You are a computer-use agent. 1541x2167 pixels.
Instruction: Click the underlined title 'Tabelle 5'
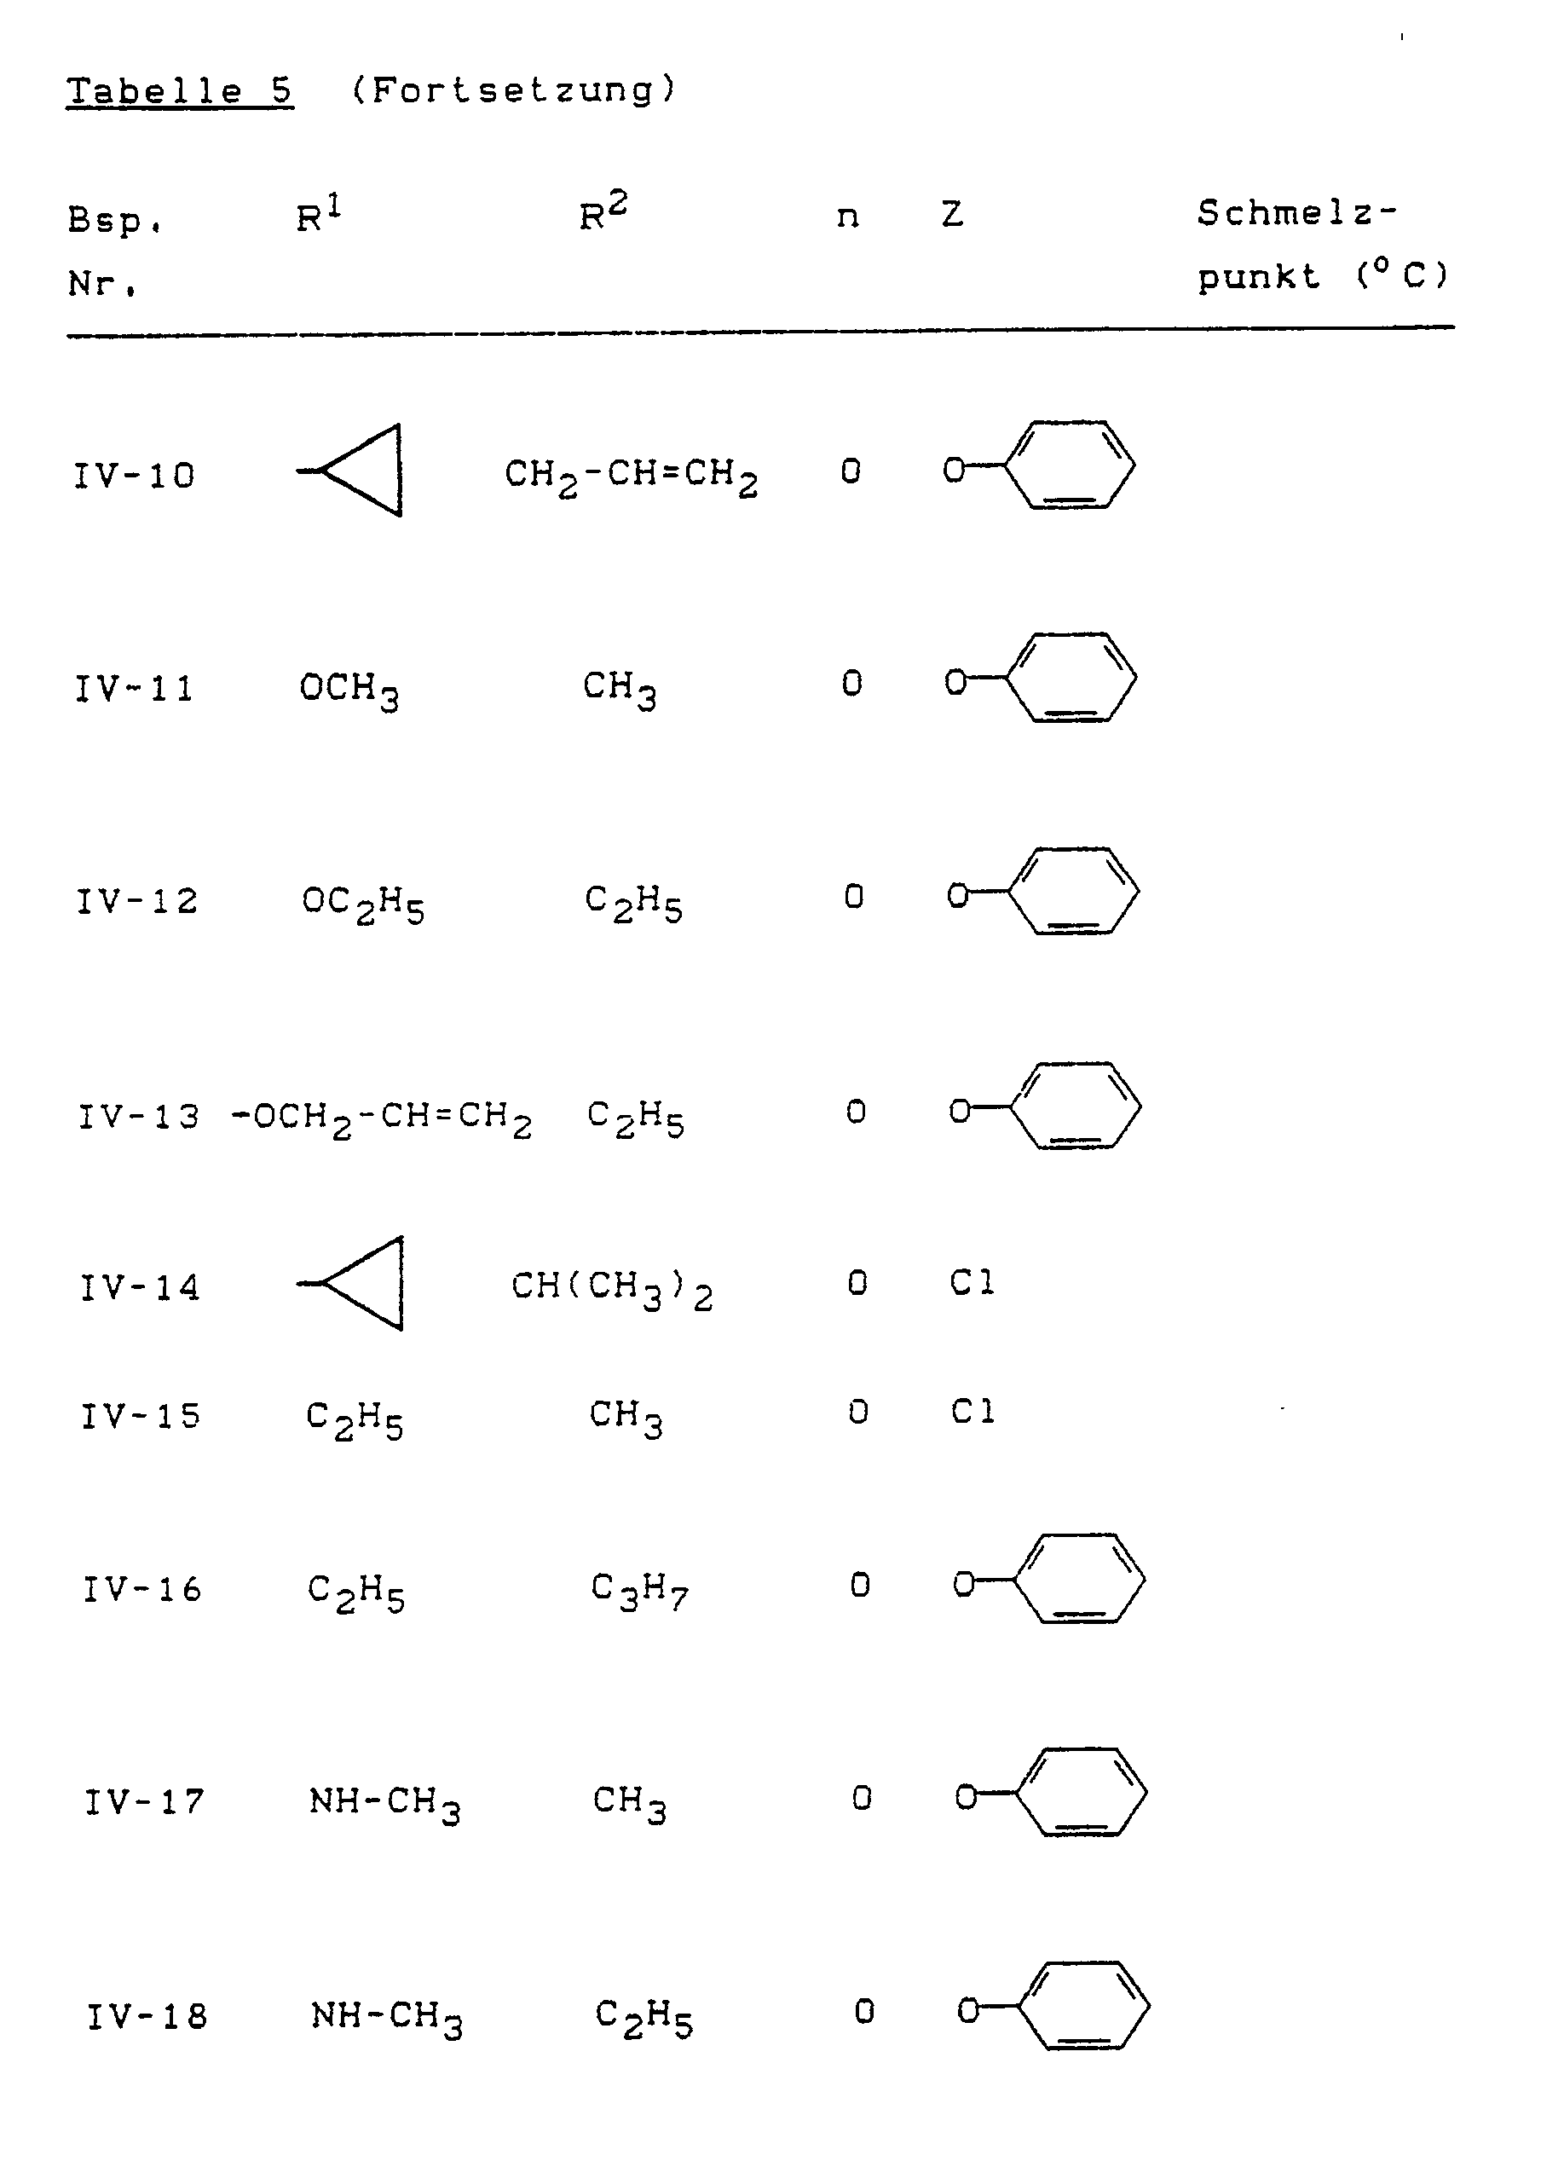(x=179, y=92)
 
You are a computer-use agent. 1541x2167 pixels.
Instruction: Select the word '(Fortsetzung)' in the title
(x=513, y=90)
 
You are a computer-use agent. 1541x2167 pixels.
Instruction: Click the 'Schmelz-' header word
(x=1296, y=213)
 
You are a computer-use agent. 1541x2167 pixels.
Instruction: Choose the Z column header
(x=953, y=215)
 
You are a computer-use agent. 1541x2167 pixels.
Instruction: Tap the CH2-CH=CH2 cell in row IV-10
(x=630, y=474)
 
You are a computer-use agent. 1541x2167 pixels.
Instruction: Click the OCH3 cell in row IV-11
(x=349, y=689)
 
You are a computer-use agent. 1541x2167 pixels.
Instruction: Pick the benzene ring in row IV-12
(x=1072, y=892)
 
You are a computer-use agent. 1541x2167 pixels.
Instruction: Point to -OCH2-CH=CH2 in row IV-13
(x=382, y=1118)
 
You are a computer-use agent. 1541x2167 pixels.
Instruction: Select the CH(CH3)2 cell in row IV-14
(x=611, y=1288)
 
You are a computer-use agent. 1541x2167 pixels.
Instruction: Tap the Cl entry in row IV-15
(x=973, y=1412)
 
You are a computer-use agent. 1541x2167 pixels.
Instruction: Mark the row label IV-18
(x=147, y=2015)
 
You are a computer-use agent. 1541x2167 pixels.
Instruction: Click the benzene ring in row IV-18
(x=1082, y=2007)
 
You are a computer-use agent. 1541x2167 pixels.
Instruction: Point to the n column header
(x=847, y=217)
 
